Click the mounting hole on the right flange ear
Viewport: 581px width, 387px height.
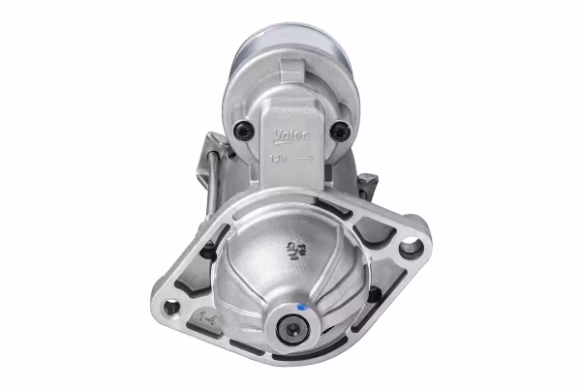411,246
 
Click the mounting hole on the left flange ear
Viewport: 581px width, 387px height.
171,308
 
